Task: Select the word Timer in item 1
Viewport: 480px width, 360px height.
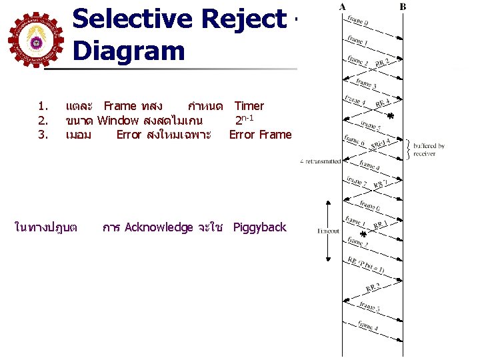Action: coord(249,106)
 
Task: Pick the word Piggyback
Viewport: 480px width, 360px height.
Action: coord(259,227)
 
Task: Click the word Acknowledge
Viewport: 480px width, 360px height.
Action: coord(159,227)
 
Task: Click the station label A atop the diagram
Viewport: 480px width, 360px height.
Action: coord(342,7)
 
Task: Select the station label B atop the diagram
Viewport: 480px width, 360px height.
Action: coord(403,7)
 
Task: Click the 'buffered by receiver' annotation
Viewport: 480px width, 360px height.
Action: coord(429,150)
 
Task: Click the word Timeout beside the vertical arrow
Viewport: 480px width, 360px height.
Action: coord(328,231)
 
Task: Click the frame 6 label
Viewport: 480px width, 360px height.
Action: coord(369,205)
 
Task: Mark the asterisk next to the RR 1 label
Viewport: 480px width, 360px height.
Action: coord(363,235)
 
